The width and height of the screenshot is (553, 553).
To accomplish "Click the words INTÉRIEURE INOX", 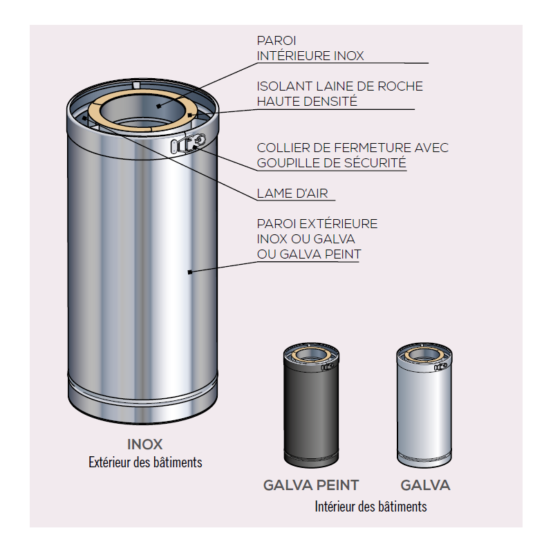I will coord(310,56).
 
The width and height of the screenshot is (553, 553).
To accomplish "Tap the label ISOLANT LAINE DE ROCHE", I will coord(339,86).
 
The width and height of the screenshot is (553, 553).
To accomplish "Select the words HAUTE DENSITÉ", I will coord(307,101).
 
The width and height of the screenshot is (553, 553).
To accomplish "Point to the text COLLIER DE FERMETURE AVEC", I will coord(353,148).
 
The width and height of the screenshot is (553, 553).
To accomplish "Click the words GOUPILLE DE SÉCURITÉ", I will coord(331,163).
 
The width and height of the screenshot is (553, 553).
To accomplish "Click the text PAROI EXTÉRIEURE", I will coord(317,224).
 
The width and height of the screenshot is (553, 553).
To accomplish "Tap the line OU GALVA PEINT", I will coord(309,254).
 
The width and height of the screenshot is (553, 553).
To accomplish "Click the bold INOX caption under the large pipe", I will coord(145,444).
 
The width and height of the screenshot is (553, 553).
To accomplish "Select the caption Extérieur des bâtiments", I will coord(145,462).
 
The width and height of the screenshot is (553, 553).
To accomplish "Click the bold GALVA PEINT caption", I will coord(311,485).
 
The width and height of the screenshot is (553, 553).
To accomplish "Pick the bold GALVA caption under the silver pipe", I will coord(425,485).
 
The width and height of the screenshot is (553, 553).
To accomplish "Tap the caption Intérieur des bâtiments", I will coord(371,507).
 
